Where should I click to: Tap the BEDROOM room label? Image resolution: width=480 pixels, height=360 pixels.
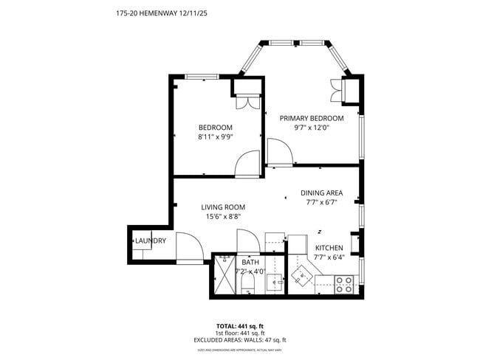click(215, 127)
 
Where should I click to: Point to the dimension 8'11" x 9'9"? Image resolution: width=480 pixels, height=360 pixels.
click(215, 137)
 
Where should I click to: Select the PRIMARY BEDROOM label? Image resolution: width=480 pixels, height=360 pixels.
click(311, 118)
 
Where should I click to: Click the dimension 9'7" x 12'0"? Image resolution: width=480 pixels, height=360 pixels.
click(311, 128)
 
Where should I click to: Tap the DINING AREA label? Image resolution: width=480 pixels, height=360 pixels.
click(321, 193)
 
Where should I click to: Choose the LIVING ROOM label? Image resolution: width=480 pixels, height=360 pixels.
click(223, 207)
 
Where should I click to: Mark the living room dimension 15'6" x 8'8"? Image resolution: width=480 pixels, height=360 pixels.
click(223, 217)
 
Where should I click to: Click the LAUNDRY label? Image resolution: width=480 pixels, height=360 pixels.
click(150, 241)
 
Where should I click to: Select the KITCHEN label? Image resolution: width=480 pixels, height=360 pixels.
click(329, 248)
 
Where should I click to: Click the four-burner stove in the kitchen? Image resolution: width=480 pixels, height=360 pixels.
click(344, 284)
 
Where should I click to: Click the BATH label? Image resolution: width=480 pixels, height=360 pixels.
click(250, 262)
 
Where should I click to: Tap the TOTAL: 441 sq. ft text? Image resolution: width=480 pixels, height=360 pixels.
click(240, 325)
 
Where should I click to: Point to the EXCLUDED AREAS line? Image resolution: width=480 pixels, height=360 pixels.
click(240, 340)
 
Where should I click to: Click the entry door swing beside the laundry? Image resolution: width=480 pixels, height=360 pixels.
click(187, 247)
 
